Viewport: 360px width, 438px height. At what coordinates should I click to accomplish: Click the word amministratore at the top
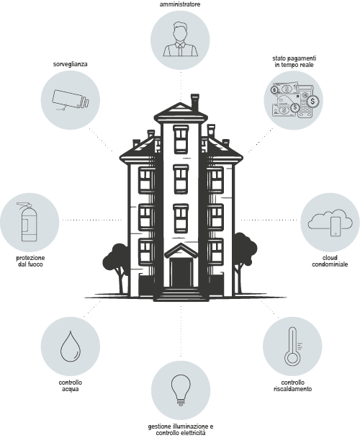pyautogui.click(x=180, y=4)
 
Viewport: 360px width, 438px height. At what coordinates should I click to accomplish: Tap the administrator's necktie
pyautogui.click(x=181, y=50)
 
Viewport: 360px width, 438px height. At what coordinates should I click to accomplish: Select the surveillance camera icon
pyautogui.click(x=71, y=99)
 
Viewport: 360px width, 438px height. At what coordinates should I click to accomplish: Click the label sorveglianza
pyautogui.click(x=71, y=64)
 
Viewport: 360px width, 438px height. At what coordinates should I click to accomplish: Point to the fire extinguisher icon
pyautogui.click(x=28, y=222)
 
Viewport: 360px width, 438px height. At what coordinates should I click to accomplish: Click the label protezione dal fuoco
pyautogui.click(x=30, y=261)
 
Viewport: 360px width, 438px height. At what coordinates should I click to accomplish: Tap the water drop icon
pyautogui.click(x=71, y=347)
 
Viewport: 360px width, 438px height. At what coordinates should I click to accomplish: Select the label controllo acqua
pyautogui.click(x=71, y=385)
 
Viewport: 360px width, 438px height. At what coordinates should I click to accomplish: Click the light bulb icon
pyautogui.click(x=181, y=390)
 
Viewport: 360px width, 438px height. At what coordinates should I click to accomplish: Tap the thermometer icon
pyautogui.click(x=292, y=347)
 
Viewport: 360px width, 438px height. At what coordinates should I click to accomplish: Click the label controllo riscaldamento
pyautogui.click(x=292, y=385)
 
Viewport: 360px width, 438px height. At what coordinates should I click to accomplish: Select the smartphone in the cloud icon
pyautogui.click(x=336, y=226)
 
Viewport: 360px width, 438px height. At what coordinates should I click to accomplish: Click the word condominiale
pyautogui.click(x=330, y=264)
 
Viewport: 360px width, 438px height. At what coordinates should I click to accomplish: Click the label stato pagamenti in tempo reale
pyautogui.click(x=294, y=61)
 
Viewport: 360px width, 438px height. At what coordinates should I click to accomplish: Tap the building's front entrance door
pyautogui.click(x=181, y=272)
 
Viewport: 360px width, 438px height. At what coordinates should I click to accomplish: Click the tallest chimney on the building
pyautogui.click(x=194, y=102)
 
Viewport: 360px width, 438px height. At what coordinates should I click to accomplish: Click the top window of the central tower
pyautogui.click(x=181, y=139)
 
